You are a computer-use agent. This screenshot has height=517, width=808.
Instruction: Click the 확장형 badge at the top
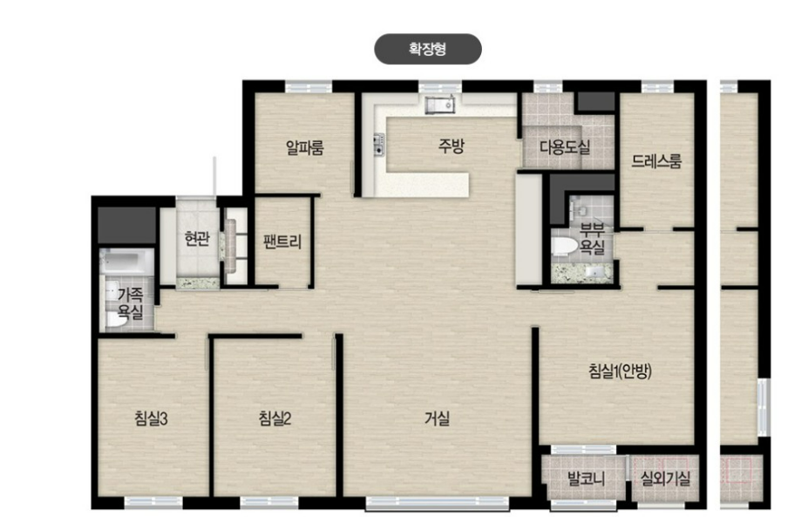coord(428,49)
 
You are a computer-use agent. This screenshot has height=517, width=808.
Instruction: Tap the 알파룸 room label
coord(305,148)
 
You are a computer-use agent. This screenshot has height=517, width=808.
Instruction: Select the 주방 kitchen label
coord(452,146)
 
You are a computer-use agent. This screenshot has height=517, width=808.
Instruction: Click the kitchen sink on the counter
coord(439,105)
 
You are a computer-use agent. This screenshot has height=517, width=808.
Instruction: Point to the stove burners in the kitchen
coord(379,144)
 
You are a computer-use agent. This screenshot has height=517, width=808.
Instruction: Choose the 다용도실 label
coord(565,147)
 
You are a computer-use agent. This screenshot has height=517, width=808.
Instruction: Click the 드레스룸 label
coord(656,161)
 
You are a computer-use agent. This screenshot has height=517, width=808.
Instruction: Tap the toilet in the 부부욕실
coord(565,247)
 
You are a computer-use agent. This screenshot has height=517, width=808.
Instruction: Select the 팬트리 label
coord(282,241)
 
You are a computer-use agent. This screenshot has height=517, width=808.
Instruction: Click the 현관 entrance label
coord(197,239)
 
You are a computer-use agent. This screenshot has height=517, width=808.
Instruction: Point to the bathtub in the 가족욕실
coord(126,261)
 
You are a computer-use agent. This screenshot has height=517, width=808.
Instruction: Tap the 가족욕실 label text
coord(130,303)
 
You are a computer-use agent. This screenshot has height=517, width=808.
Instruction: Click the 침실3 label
coord(151,418)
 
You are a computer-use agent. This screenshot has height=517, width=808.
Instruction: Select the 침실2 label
coord(275,418)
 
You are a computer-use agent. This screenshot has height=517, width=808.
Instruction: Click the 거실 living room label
coord(437,418)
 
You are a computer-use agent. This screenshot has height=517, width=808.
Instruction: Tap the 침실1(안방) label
coord(620,371)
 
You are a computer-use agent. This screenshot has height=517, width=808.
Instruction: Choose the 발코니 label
coord(587,479)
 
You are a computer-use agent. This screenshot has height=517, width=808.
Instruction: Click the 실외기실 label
coord(665,479)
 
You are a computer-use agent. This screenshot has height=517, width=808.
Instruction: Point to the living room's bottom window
coord(437,503)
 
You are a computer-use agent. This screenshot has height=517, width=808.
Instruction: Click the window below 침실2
coord(269,502)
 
